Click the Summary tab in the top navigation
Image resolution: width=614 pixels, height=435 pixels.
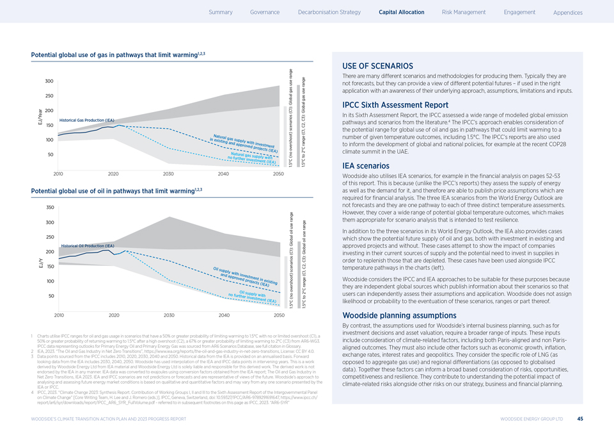221,12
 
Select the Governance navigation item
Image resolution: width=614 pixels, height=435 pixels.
265,12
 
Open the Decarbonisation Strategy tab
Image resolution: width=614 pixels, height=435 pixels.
329,12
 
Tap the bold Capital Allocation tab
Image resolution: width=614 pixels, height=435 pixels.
401,12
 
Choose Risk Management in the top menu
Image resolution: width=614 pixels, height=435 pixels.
464,12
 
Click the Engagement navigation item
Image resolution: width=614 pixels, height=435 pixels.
519,12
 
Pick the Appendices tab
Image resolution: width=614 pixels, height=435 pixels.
568,13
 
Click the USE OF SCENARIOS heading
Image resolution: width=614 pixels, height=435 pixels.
378,66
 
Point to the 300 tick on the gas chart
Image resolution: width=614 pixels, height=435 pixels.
49,81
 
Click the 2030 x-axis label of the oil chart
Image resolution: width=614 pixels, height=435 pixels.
169,316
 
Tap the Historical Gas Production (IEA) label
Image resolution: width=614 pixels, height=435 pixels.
86,120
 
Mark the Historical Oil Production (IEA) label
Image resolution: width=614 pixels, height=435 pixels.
88,246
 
